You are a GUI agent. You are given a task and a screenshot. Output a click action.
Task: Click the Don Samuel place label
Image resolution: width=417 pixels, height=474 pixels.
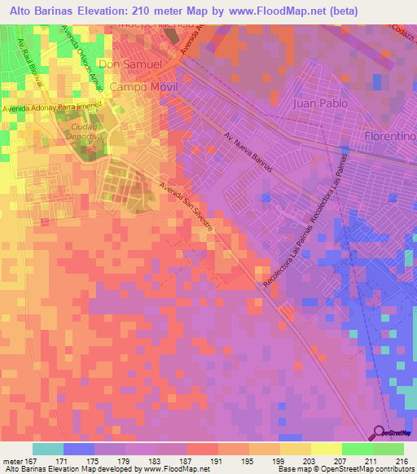(129, 64)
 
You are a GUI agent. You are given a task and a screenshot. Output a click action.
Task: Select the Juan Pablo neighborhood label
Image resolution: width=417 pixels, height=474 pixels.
(320, 103)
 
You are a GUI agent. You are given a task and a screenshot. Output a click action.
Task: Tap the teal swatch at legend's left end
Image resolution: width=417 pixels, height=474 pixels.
(48, 449)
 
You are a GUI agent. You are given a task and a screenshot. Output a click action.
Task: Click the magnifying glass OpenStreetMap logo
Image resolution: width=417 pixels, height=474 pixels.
(380, 433)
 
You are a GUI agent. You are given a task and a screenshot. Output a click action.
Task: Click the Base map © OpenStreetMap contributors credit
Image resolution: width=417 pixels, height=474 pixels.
(345, 470)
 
